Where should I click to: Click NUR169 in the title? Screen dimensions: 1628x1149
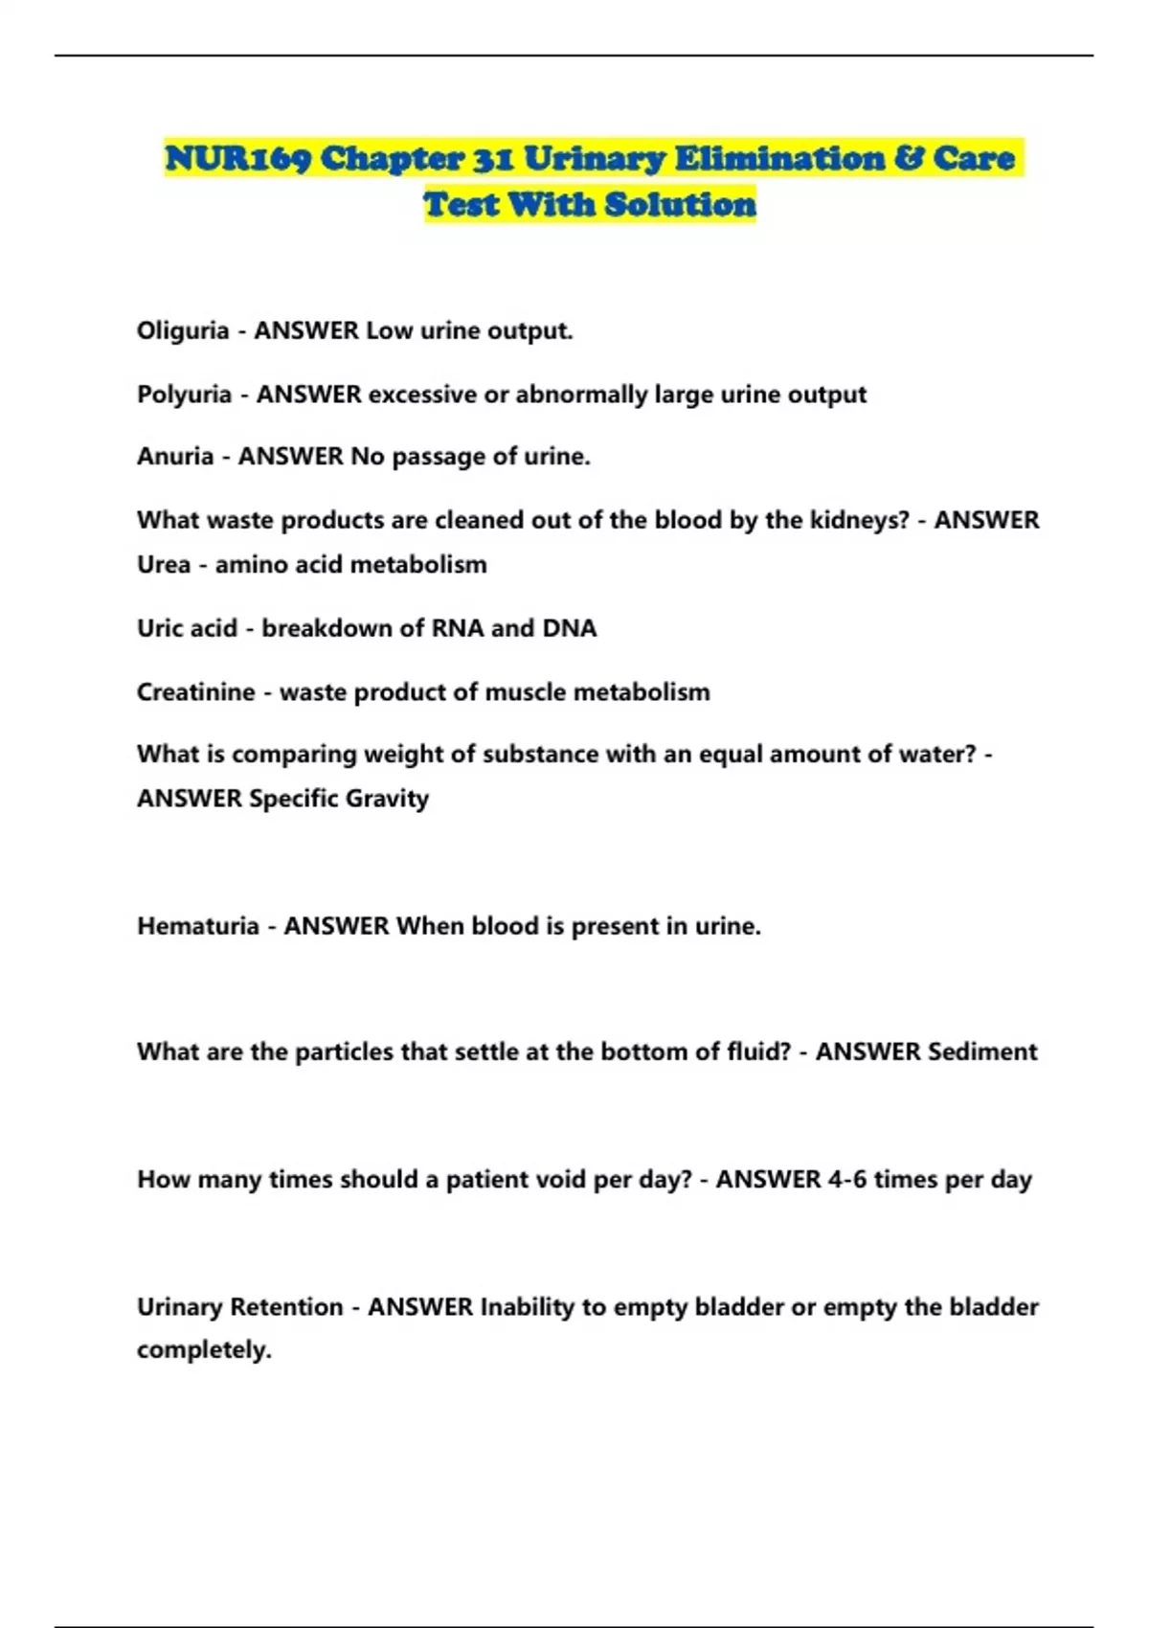(x=237, y=158)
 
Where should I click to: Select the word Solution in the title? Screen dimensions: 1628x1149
(x=680, y=204)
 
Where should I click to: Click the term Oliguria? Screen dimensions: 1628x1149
(x=183, y=331)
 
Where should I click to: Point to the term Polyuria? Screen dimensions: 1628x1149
(x=184, y=395)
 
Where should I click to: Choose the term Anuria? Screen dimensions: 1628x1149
(x=174, y=457)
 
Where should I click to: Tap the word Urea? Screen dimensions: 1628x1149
(x=163, y=565)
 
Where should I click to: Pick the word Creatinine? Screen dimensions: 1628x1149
(x=195, y=691)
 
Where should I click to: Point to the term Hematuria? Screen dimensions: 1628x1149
(x=197, y=926)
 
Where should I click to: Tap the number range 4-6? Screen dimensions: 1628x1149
(x=846, y=1179)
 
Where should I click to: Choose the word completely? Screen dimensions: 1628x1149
(x=203, y=1350)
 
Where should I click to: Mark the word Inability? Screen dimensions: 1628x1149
(x=527, y=1307)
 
